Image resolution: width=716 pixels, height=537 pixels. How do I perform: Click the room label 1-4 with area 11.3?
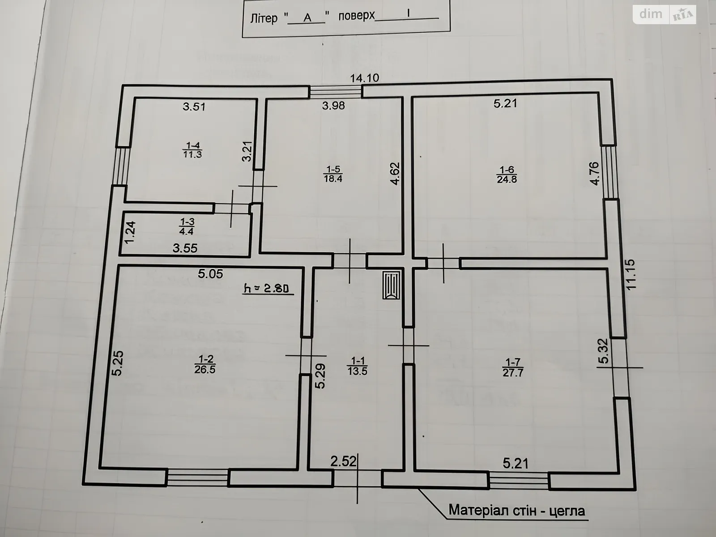click(192, 150)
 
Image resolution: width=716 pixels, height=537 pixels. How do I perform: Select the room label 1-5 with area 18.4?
click(333, 174)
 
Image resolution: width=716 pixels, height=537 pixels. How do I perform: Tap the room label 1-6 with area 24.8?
click(507, 175)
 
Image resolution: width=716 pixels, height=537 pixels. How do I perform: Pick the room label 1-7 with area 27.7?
click(513, 367)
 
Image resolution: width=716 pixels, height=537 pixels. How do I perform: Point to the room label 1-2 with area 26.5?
click(205, 364)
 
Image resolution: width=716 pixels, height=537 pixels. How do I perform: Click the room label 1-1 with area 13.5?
click(357, 366)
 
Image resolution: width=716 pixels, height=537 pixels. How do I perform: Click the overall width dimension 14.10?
click(364, 78)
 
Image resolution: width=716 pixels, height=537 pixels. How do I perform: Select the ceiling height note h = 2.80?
click(268, 289)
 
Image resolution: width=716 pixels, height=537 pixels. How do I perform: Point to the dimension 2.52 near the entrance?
click(343, 461)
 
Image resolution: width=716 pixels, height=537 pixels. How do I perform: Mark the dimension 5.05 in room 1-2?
click(210, 273)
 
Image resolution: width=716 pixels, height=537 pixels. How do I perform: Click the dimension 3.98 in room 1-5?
click(333, 106)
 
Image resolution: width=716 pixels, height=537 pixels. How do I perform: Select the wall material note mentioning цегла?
click(517, 510)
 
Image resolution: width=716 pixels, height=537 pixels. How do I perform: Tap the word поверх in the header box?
click(356, 16)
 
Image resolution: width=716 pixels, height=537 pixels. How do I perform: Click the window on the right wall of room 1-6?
click(609, 172)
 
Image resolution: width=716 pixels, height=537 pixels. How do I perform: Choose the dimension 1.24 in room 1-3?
click(130, 233)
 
